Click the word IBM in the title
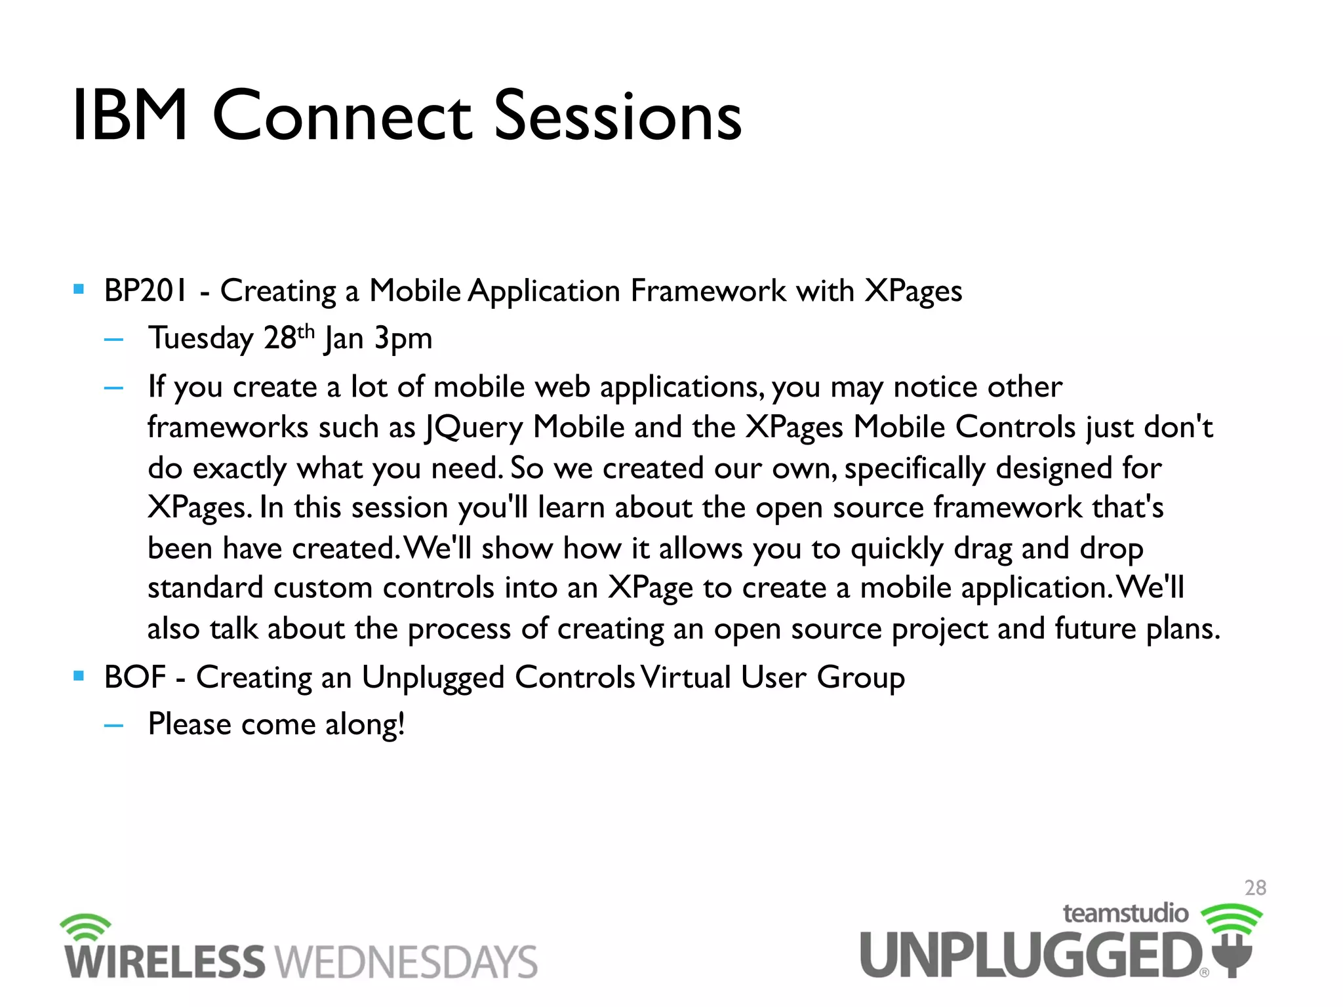tap(130, 116)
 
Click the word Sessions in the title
tap(617, 116)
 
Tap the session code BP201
tap(145, 290)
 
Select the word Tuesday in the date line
tap(200, 338)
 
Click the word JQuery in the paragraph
tap(474, 427)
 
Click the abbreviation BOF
tap(134, 677)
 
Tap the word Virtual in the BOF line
tap(686, 677)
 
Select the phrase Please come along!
tap(276, 725)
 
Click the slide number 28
tap(1255, 888)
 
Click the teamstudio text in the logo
tap(1125, 913)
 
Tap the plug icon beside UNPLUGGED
tap(1233, 954)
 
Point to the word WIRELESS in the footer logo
tap(165, 962)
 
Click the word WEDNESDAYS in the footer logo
tap(406, 962)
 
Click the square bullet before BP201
tap(79, 289)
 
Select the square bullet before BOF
tap(79, 676)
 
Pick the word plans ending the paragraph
tap(1180, 629)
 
